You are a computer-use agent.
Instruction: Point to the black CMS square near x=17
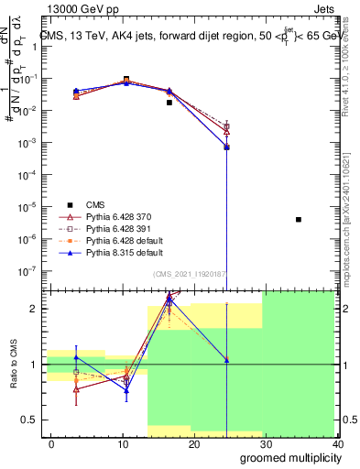coord(169,103)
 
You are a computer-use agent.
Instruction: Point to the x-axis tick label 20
coord(194,444)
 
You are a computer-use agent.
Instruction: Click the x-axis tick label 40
coord(337,444)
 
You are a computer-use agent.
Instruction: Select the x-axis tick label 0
coord(51,444)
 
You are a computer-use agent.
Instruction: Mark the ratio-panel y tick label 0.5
coord(31,420)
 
